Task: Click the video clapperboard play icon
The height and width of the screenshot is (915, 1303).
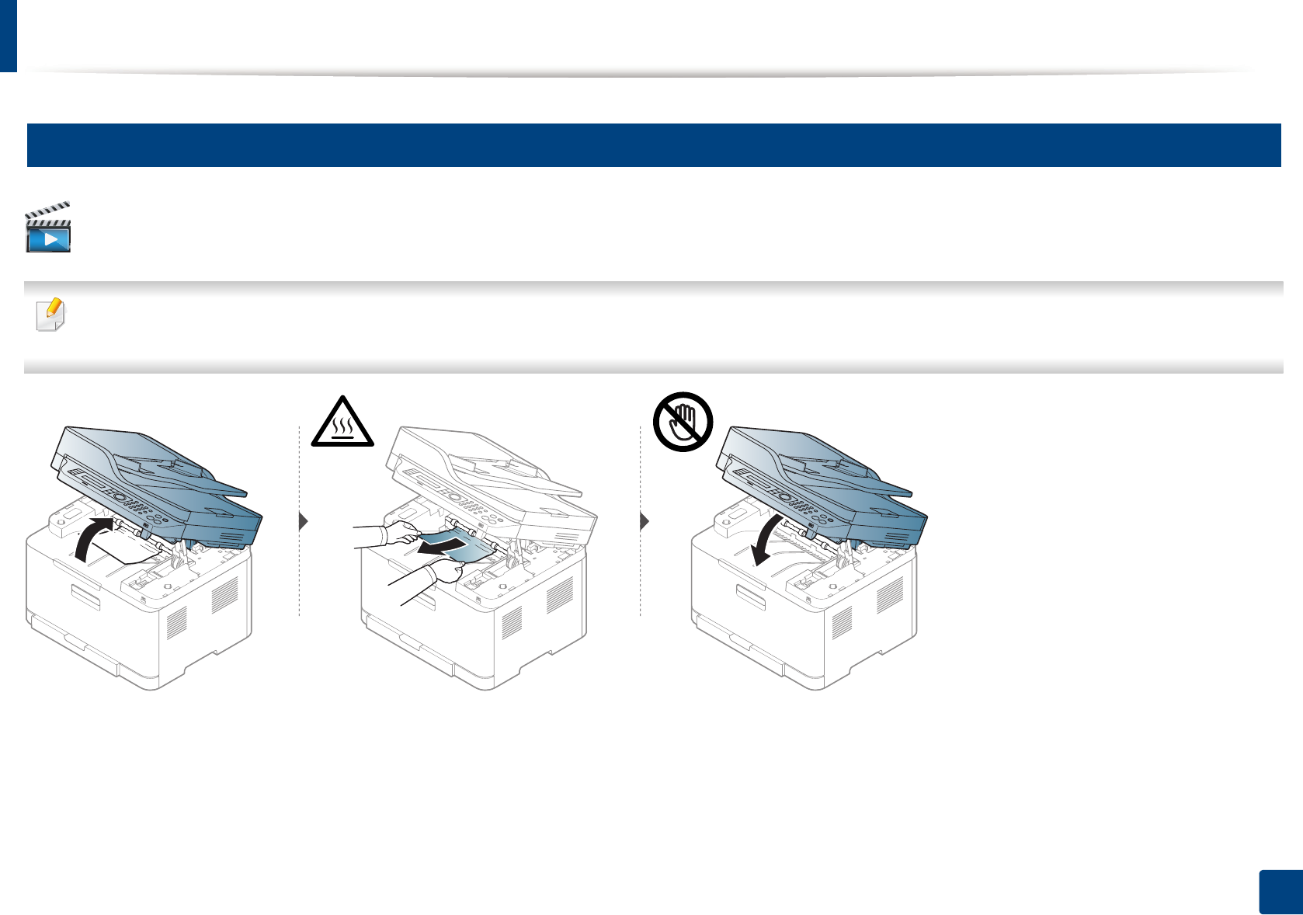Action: pyautogui.click(x=48, y=228)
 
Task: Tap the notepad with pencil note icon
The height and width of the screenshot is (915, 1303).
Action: pyautogui.click(x=51, y=315)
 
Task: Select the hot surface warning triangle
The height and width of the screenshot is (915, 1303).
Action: pyautogui.click(x=342, y=423)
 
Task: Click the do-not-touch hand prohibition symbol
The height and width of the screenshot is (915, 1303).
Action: pyautogui.click(x=683, y=422)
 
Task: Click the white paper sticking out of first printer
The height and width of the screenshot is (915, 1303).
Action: pyautogui.click(x=132, y=552)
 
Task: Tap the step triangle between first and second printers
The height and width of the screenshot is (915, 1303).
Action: pyautogui.click(x=304, y=521)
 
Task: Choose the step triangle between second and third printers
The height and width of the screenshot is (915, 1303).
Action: pyautogui.click(x=644, y=521)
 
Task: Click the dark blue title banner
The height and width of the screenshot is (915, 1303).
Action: pyautogui.click(x=653, y=145)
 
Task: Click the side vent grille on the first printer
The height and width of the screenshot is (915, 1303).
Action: pyautogui.click(x=225, y=597)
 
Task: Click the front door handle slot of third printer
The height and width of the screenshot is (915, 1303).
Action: pyautogui.click(x=751, y=597)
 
